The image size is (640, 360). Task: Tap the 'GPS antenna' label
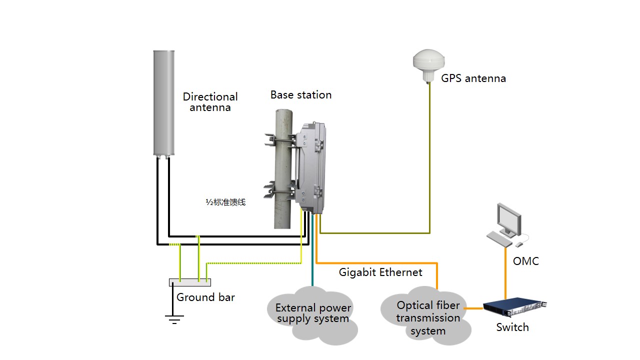pyautogui.click(x=473, y=78)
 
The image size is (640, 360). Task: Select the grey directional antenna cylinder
pyautogui.click(x=163, y=102)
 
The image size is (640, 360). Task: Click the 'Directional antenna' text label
pyautogui.click(x=210, y=102)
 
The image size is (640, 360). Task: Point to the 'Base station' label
pyautogui.click(x=301, y=95)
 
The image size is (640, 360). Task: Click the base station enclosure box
pyautogui.click(x=311, y=167)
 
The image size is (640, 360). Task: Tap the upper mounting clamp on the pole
pyautogui.click(x=278, y=140)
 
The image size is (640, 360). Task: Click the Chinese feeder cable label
pyautogui.click(x=225, y=202)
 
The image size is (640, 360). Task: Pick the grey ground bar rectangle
pyautogui.click(x=190, y=282)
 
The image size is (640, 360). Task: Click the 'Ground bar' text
pyautogui.click(x=205, y=297)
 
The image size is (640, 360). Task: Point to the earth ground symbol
pyautogui.click(x=174, y=318)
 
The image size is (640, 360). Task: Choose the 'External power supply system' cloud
pyautogui.click(x=313, y=313)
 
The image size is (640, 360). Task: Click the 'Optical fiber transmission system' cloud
pyautogui.click(x=428, y=317)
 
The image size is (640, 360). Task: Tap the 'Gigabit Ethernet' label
pyautogui.click(x=380, y=272)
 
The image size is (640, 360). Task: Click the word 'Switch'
pyautogui.click(x=512, y=327)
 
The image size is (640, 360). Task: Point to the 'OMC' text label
pyautogui.click(x=526, y=261)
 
